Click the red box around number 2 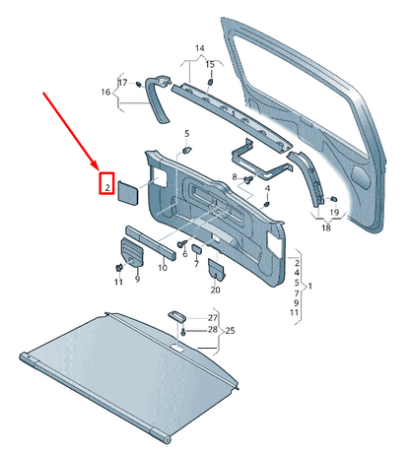[106, 184]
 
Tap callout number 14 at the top [199, 48]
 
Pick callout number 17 [123, 82]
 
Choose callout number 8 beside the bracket [234, 177]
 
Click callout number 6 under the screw [183, 253]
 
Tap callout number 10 [163, 267]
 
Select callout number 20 [216, 291]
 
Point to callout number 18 [326, 227]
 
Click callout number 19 [335, 213]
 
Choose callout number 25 [231, 331]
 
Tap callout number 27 [212, 318]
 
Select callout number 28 [212, 330]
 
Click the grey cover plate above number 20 [216, 268]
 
